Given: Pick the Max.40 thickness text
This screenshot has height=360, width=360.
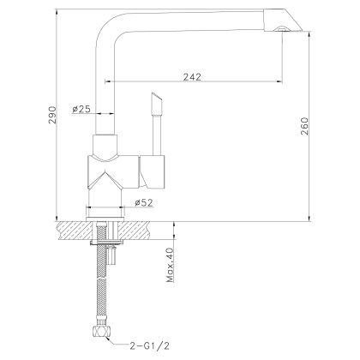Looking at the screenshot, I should [x=170, y=265].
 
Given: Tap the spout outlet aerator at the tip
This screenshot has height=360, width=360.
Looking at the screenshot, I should [x=280, y=30].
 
